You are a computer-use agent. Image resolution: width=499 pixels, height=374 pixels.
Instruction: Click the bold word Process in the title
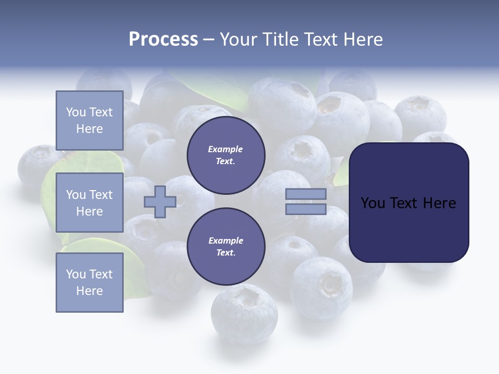(x=163, y=39)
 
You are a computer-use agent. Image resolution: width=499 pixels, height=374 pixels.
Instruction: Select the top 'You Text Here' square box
(x=89, y=121)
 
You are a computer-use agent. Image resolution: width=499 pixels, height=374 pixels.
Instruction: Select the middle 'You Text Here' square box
(x=89, y=203)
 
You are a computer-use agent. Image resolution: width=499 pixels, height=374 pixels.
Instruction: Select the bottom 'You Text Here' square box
(x=89, y=282)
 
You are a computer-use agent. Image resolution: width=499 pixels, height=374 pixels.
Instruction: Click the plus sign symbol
(x=160, y=202)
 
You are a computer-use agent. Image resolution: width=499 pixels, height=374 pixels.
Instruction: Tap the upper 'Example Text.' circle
(x=226, y=155)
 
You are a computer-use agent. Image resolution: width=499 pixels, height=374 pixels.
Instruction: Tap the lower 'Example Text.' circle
(x=226, y=247)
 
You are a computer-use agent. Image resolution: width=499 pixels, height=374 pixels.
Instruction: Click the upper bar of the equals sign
(x=306, y=194)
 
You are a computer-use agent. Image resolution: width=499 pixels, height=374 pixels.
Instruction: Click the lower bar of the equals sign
(x=306, y=209)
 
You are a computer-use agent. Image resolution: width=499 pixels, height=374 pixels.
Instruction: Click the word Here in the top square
(x=89, y=129)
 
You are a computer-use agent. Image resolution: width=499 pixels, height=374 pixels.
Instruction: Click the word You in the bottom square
(x=76, y=274)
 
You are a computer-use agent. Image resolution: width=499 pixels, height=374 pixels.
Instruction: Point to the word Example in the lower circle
(x=226, y=241)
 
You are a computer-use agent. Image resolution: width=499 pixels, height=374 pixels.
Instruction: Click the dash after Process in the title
(x=208, y=39)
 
